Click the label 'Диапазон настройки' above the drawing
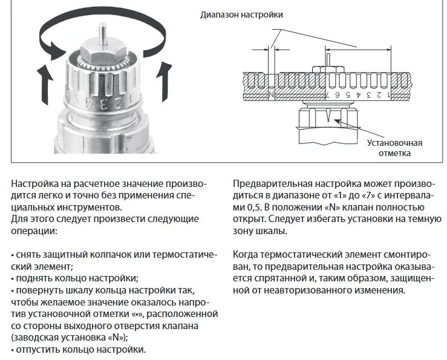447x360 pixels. tap(242, 14)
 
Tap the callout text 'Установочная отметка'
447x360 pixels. tap(394, 148)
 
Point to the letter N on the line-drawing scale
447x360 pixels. tap(271, 95)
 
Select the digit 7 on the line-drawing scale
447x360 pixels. tap(328, 95)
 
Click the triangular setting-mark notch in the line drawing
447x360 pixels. tap(327, 114)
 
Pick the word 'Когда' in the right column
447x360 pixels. tap(246, 254)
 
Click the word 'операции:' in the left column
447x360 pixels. tap(31, 231)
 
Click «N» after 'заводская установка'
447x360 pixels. tap(116, 338)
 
